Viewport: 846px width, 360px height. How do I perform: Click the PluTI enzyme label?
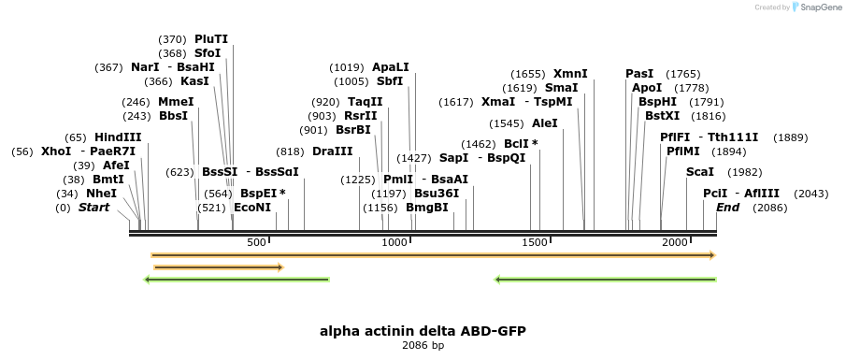211,39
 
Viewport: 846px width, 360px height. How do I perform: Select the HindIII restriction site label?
118,137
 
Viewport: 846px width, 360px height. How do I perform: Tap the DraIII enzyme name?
333,151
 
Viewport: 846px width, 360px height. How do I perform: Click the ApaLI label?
391,67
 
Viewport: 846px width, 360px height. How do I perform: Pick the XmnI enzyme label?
570,74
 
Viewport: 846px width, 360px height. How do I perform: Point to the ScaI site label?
700,172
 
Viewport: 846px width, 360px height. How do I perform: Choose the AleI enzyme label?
544,122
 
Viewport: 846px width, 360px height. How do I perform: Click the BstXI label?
663,116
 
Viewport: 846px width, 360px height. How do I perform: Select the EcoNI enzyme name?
252,208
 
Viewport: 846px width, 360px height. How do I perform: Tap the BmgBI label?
427,208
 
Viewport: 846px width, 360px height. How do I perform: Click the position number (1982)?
744,172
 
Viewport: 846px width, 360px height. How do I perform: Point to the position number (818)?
290,151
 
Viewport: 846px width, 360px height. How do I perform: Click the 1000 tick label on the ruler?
395,243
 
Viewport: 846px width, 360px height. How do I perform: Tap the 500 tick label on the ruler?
257,243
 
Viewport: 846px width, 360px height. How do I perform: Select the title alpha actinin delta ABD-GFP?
429,331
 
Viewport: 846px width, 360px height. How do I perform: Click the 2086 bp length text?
429,345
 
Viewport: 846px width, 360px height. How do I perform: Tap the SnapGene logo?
814,7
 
